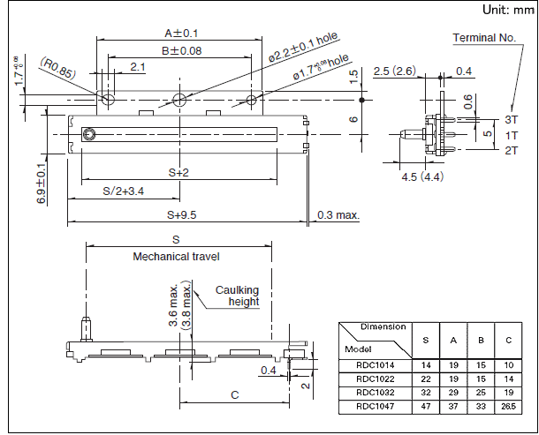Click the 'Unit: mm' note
pyautogui.click(x=506, y=10)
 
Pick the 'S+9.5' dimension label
pyautogui.click(x=181, y=214)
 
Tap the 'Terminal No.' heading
pyautogui.click(x=483, y=38)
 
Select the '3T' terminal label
pyautogui.click(x=512, y=118)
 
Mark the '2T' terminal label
pyautogui.click(x=512, y=150)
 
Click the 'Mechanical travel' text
pyautogui.click(x=176, y=257)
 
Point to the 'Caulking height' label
pyautogui.click(x=238, y=296)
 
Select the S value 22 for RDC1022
pyautogui.click(x=427, y=378)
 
